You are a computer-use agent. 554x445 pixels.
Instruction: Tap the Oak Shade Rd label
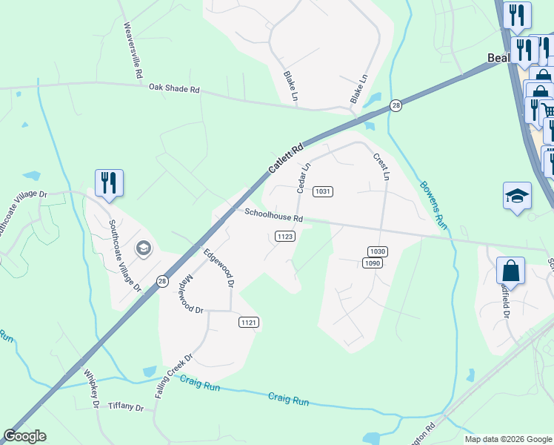[x=174, y=89]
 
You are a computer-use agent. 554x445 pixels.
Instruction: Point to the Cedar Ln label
[x=302, y=176]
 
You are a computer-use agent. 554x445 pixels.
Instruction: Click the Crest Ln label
[x=381, y=167]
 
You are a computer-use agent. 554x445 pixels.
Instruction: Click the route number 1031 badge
[x=322, y=191]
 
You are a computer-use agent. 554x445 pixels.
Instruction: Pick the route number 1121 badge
[x=249, y=322]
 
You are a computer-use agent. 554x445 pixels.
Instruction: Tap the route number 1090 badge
[x=372, y=263]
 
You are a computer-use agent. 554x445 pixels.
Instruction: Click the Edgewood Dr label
[x=219, y=268]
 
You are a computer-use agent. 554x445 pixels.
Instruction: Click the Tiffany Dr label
[x=125, y=406]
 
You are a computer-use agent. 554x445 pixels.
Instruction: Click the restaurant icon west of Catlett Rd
[x=109, y=183]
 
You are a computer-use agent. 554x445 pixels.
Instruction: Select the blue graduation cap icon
[x=517, y=197]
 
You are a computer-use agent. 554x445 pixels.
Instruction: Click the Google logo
[x=24, y=436]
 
